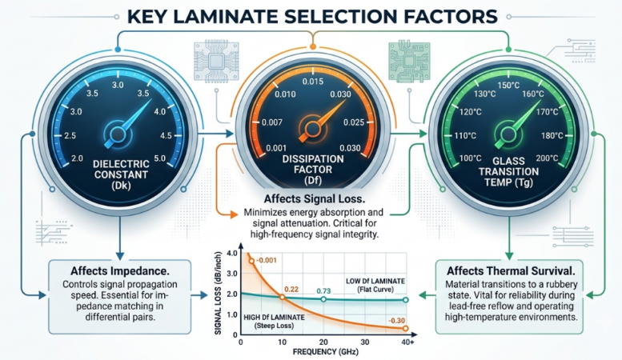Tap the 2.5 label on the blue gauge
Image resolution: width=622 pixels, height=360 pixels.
coord(70,135)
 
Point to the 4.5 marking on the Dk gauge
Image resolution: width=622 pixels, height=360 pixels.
coord(166,135)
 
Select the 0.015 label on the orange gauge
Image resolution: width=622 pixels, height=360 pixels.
coord(312,82)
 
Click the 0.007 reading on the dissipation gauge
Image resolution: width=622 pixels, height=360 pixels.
coord(271,122)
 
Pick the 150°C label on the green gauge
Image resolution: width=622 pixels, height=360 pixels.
coord(508,86)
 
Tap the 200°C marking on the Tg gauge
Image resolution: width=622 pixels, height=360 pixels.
coord(547,158)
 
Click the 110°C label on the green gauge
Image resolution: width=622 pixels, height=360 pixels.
coord(465,135)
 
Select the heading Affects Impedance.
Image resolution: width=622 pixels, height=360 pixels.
coord(120,270)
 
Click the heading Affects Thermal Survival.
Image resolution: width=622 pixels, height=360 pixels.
coord(511,270)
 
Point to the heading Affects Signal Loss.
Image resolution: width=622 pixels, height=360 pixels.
coord(314,198)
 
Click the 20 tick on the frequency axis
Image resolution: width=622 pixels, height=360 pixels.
coord(323,342)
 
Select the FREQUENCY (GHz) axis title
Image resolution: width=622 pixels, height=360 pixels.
coord(325,352)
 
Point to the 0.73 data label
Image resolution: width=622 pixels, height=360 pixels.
coord(323,291)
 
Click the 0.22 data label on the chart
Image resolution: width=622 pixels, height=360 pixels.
coord(291,289)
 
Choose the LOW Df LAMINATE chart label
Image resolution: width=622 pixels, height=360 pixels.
coord(375,281)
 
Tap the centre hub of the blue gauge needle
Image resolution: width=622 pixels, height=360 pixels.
coord(118,134)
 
